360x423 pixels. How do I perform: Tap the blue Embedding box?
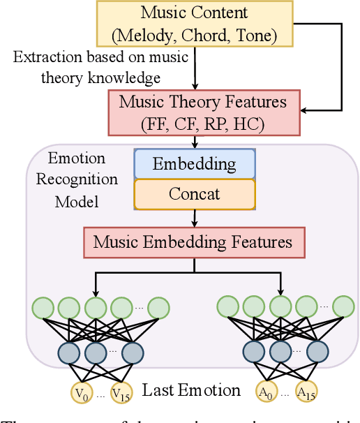pyautogui.click(x=194, y=165)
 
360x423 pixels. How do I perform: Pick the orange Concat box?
pyautogui.click(x=194, y=193)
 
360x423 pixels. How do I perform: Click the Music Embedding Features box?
pyautogui.click(x=193, y=242)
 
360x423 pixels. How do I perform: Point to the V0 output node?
pyautogui.click(x=81, y=392)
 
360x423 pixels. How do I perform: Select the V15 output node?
pyautogui.click(x=121, y=392)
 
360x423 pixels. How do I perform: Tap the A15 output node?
pyautogui.click(x=306, y=392)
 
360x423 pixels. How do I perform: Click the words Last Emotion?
pyautogui.click(x=191, y=391)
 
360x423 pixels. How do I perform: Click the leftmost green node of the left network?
pyautogui.click(x=42, y=308)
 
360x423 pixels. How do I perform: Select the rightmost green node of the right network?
pyautogui.click(x=343, y=308)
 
